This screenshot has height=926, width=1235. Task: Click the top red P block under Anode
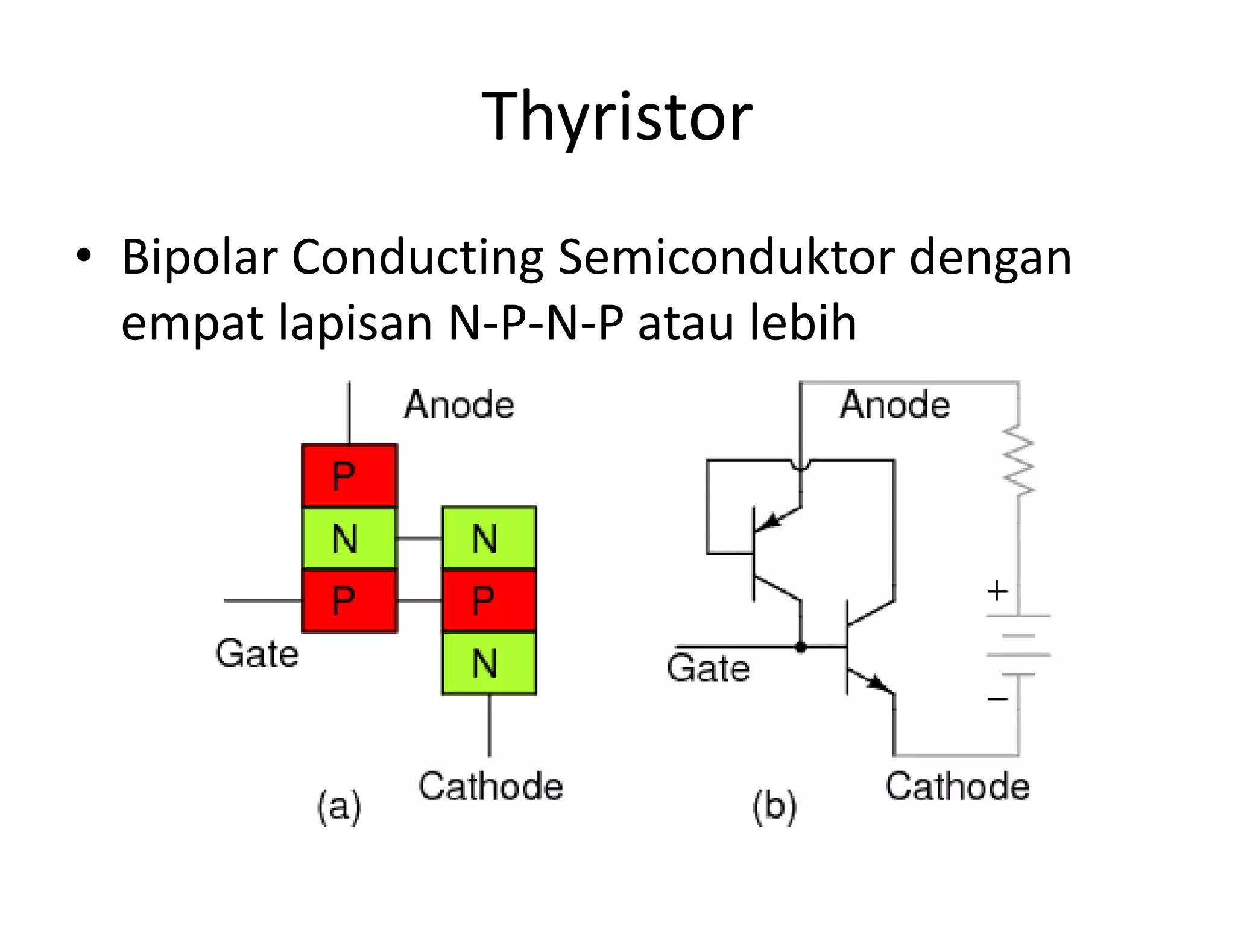[349, 476]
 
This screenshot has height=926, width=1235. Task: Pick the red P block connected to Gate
[349, 600]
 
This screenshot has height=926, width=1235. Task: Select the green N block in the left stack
[349, 538]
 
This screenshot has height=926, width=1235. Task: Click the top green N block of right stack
[489, 538]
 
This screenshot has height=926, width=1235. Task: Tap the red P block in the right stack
[489, 600]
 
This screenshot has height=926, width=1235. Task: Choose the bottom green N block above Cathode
[489, 663]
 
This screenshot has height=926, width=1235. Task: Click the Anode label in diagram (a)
[459, 405]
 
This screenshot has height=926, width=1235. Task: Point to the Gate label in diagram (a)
[257, 654]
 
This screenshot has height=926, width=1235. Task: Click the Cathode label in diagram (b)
[957, 787]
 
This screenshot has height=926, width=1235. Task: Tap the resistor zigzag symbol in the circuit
[1019, 461]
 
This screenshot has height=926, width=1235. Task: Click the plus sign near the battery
[997, 591]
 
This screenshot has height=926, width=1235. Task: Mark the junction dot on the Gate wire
[801, 647]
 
